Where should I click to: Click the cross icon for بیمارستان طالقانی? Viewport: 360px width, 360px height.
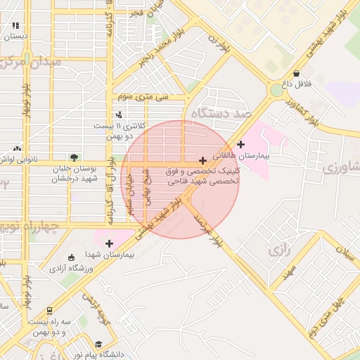point(241,144)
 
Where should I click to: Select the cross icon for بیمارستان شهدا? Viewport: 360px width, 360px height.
point(109,243)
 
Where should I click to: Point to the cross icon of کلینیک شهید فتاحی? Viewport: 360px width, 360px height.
point(203,161)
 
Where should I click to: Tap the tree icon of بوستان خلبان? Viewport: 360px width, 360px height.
point(75,157)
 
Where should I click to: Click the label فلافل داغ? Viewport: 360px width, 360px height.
point(297,84)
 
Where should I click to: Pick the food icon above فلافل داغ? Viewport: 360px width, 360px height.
point(296,73)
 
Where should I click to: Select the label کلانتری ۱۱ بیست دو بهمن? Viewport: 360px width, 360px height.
point(119,130)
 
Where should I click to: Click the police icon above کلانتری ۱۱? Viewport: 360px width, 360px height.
point(119,115)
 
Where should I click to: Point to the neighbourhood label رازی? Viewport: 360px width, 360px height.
point(279,249)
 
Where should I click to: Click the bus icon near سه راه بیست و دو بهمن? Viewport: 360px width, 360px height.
point(49,310)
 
